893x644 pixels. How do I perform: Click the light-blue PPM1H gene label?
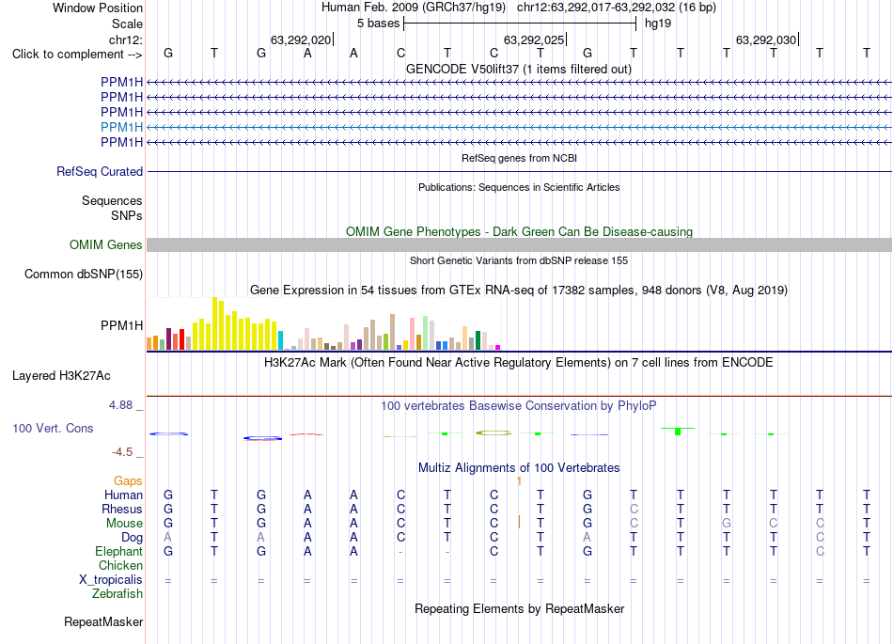[121, 127]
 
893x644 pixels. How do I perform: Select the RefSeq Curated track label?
[100, 171]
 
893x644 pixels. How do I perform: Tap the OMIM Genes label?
[106, 244]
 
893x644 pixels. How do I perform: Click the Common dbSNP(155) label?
[84, 274]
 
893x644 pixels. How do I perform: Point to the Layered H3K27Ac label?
[61, 376]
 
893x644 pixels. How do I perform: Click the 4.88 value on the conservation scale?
[120, 405]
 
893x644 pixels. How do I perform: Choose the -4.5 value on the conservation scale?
[122, 452]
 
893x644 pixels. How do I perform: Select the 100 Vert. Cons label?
[53, 428]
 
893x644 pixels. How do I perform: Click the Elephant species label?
[119, 551]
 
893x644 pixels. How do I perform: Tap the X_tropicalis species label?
[111, 580]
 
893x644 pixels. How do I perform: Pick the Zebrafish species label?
[117, 594]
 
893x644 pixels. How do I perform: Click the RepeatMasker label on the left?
[103, 621]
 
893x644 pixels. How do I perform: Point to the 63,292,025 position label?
[534, 39]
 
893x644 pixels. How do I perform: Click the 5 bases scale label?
[379, 24]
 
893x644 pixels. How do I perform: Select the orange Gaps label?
[128, 481]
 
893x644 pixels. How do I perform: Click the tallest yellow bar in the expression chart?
[214, 323]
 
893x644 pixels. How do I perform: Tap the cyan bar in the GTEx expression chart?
[280, 340]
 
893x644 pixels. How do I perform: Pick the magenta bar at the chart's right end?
[498, 347]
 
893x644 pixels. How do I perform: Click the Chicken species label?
[120, 565]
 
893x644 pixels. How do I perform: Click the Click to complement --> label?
[77, 55]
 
